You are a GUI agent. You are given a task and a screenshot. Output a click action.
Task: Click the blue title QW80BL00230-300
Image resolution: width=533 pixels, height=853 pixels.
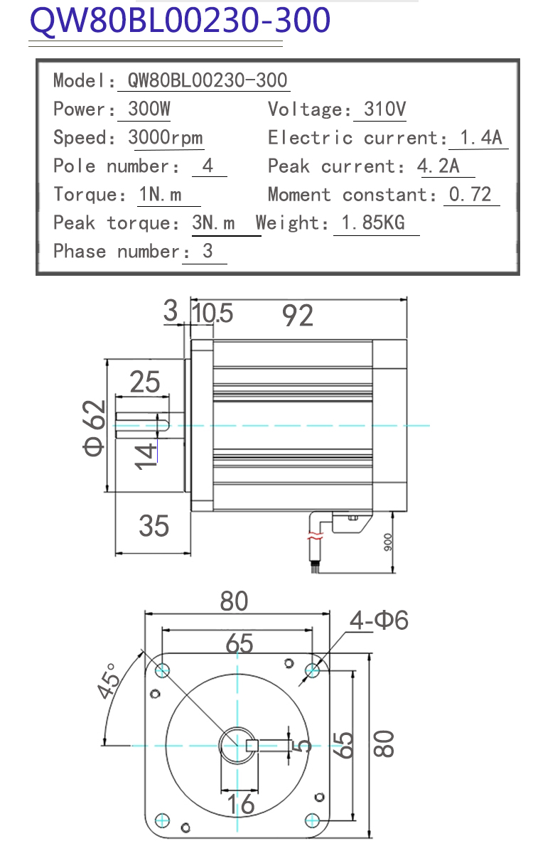[180, 20]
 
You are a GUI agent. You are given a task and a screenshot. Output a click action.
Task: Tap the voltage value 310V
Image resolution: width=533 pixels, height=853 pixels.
[384, 109]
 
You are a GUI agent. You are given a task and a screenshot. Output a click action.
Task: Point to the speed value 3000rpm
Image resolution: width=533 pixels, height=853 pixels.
[165, 137]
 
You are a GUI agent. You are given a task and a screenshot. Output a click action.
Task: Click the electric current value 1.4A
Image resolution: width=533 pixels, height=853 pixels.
[481, 137]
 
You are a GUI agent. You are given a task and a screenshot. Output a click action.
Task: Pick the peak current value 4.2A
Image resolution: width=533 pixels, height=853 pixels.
[438, 166]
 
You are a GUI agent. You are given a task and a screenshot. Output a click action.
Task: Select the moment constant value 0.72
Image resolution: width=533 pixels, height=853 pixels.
[470, 195]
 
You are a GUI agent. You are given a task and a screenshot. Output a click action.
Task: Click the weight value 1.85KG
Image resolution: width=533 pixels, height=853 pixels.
[373, 222]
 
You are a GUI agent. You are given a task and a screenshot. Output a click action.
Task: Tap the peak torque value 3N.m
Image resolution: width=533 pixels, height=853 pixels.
[213, 222]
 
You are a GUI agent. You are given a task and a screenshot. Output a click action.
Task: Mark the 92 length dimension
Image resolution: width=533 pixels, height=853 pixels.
[297, 316]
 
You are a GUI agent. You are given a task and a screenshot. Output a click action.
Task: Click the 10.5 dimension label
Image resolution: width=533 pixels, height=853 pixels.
[212, 313]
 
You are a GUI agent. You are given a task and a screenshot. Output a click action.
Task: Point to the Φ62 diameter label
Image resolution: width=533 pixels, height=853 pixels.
[94, 428]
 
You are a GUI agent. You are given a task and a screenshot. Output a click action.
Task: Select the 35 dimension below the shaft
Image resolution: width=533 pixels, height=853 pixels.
[154, 526]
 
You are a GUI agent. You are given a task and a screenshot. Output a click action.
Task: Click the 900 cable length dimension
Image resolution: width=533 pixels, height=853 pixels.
[387, 542]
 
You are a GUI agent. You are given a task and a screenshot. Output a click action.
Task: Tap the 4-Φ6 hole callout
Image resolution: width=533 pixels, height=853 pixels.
[379, 620]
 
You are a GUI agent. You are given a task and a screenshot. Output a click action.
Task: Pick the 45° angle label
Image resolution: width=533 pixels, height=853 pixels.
[109, 681]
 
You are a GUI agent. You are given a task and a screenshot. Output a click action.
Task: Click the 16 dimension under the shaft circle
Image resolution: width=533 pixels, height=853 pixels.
[241, 804]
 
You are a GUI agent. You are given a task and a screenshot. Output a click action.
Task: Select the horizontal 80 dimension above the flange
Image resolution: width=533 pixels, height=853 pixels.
[234, 601]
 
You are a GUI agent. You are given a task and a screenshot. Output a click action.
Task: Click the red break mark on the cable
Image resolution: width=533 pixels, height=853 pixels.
[316, 536]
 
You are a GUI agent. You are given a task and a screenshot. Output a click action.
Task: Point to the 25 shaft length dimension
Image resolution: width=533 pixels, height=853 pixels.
[145, 382]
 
